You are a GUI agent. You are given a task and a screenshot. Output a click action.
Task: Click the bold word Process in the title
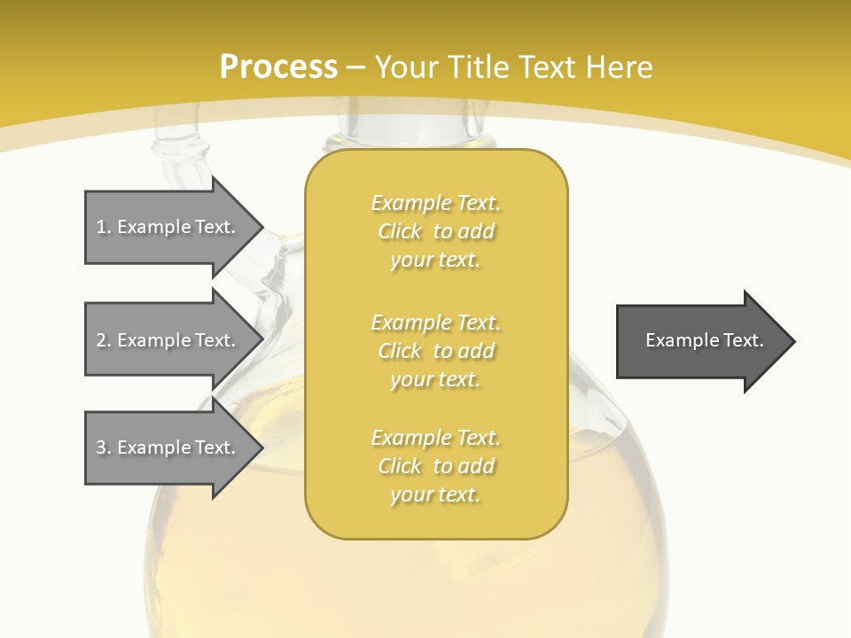[x=278, y=67]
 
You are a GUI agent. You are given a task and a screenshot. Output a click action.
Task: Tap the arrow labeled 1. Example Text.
[x=168, y=227]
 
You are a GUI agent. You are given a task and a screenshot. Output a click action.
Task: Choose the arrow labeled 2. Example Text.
[x=168, y=340]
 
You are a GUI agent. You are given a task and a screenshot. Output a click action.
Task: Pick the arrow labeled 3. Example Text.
[x=168, y=447]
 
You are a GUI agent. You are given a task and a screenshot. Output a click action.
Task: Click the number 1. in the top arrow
[x=103, y=227]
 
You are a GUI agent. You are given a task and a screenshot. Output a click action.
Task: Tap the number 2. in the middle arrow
[x=103, y=340]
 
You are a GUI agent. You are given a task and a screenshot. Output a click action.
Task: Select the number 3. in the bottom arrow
[x=103, y=447]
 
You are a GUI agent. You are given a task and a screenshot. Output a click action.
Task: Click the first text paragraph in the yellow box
[x=435, y=231]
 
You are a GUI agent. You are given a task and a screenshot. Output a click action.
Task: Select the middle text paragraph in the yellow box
[x=435, y=350]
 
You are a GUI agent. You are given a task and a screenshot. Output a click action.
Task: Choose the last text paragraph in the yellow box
[x=435, y=466]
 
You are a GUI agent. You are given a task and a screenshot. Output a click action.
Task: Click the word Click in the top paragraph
[x=400, y=232]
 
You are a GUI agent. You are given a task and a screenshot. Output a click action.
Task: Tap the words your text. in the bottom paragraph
[x=435, y=495]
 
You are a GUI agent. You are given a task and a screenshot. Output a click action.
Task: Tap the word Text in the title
[x=551, y=67]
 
